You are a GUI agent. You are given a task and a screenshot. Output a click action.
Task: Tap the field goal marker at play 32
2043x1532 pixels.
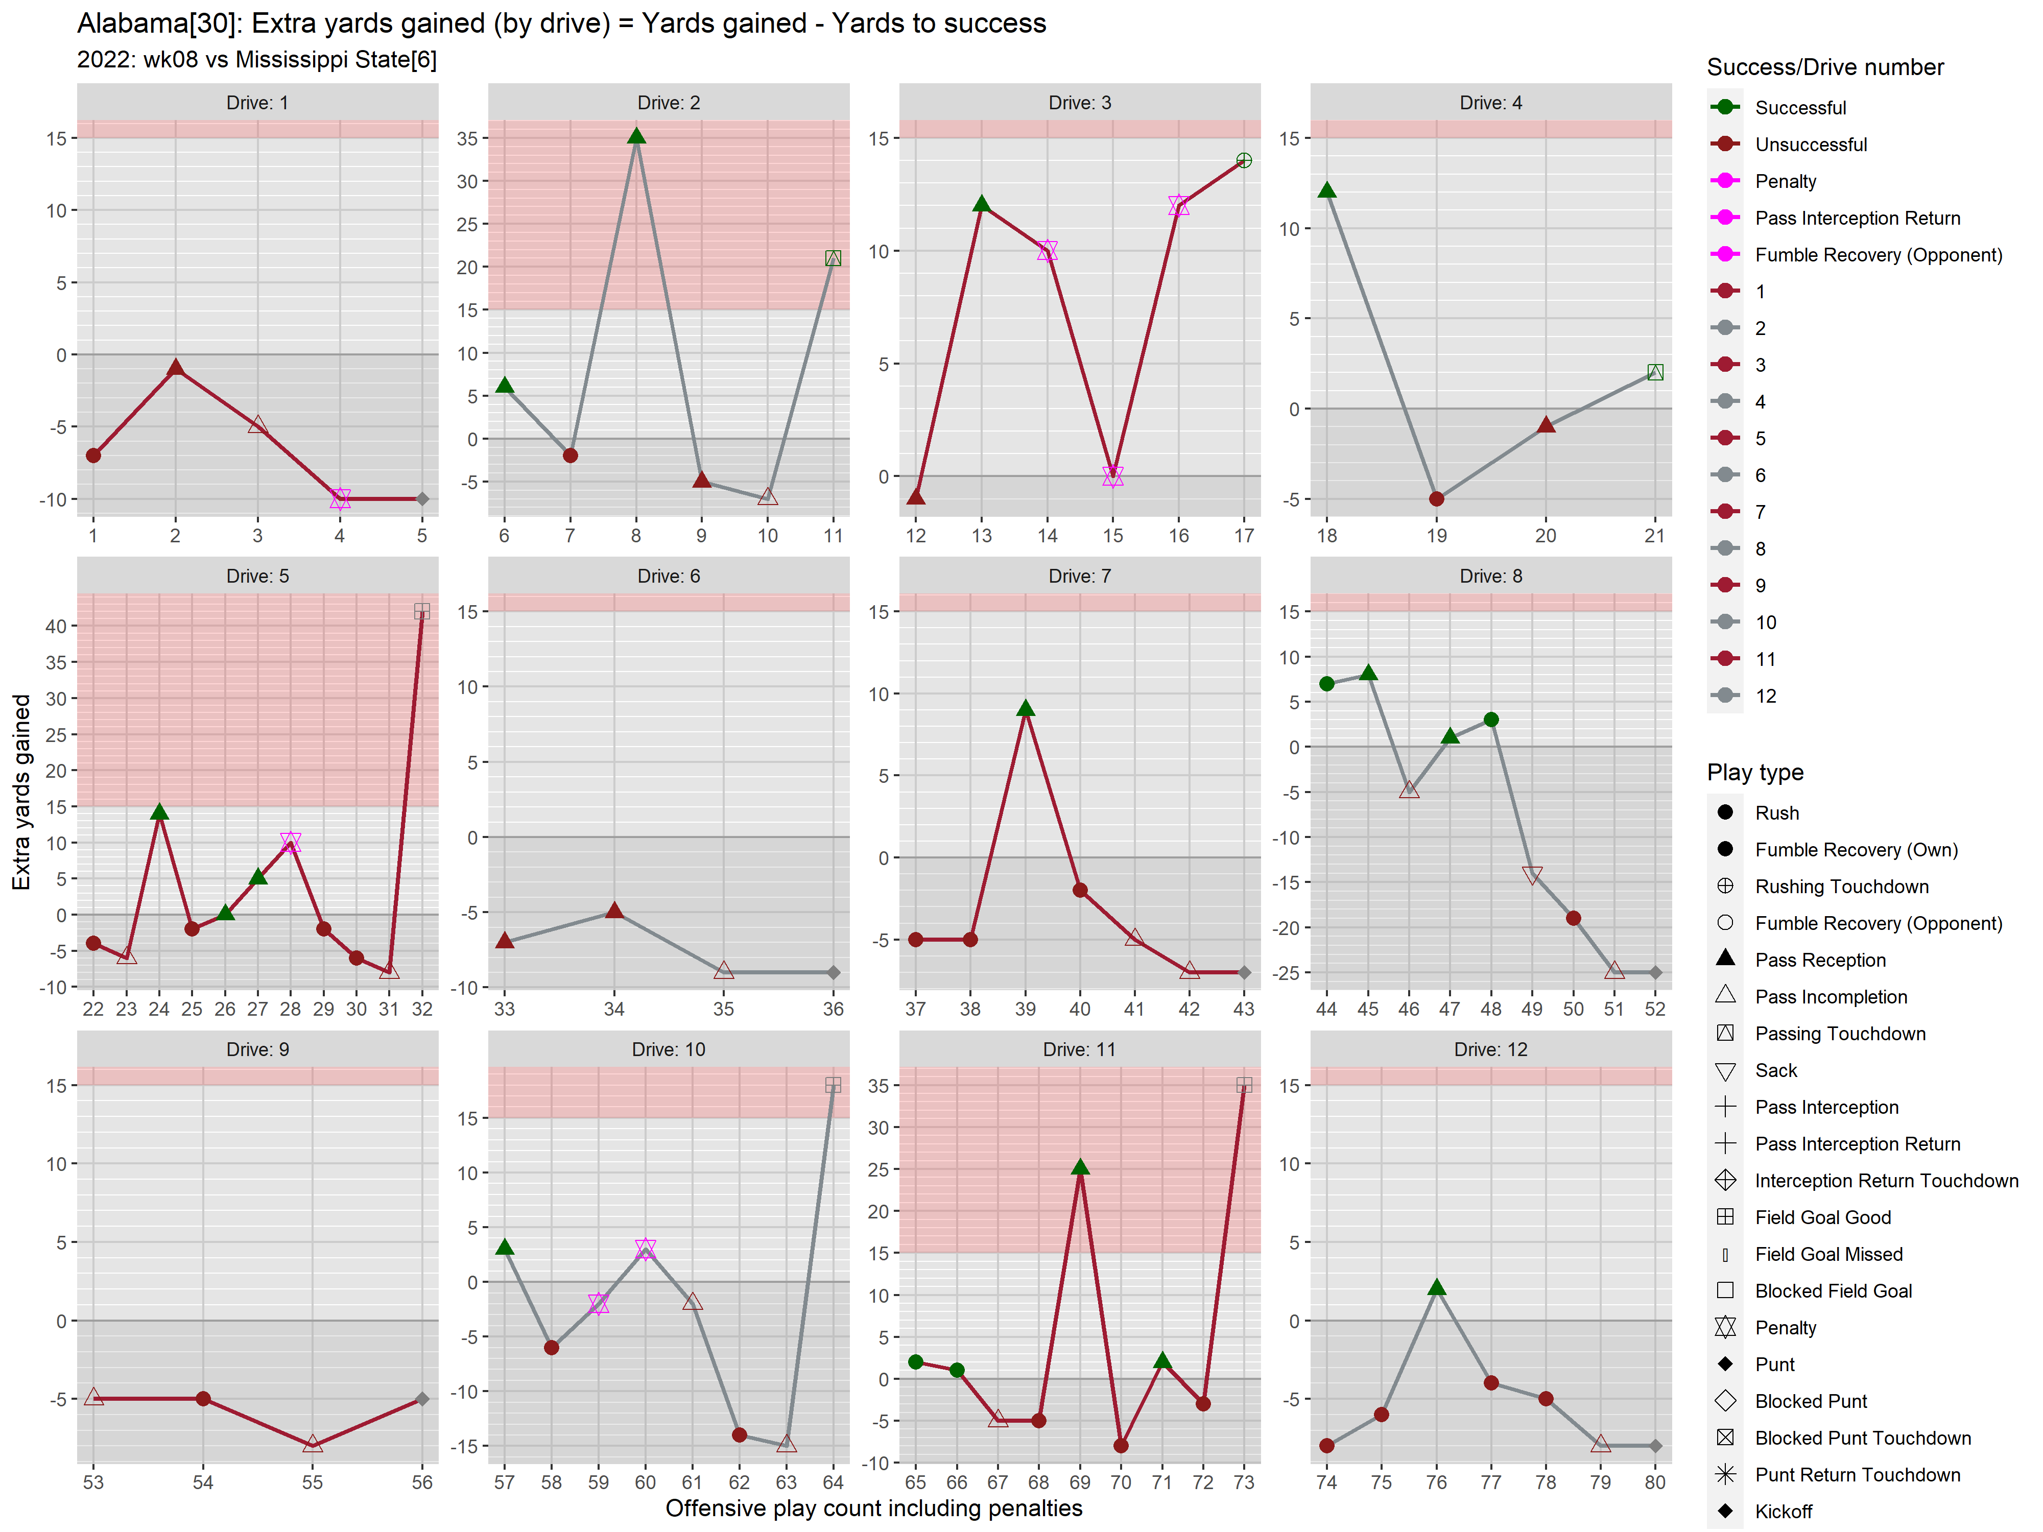[x=422, y=611]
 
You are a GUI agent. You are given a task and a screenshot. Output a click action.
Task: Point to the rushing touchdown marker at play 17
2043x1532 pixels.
[x=1244, y=161]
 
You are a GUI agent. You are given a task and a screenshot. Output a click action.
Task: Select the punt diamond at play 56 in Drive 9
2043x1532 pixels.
[x=422, y=1399]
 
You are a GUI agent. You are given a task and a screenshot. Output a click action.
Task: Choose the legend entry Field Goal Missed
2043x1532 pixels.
[x=1828, y=1254]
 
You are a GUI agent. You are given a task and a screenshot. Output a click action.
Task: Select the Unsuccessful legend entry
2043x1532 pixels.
[x=1810, y=144]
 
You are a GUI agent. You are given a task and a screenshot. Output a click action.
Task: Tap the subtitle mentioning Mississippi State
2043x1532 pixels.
[x=257, y=60]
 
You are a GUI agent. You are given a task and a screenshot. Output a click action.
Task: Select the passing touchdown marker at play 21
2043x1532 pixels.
[x=1655, y=372]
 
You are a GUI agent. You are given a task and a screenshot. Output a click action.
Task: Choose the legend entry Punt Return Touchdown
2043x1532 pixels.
[x=1857, y=1475]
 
